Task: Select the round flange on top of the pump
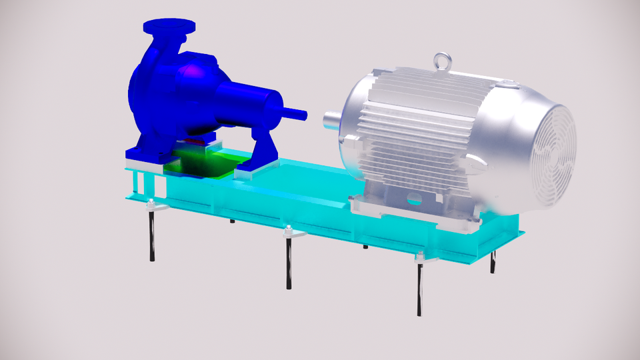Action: [x=169, y=27]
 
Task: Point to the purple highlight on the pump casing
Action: [x=191, y=70]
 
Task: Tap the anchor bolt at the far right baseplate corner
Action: [x=493, y=263]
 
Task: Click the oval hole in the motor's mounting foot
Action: [x=414, y=199]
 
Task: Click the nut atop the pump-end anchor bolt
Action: [x=151, y=204]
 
